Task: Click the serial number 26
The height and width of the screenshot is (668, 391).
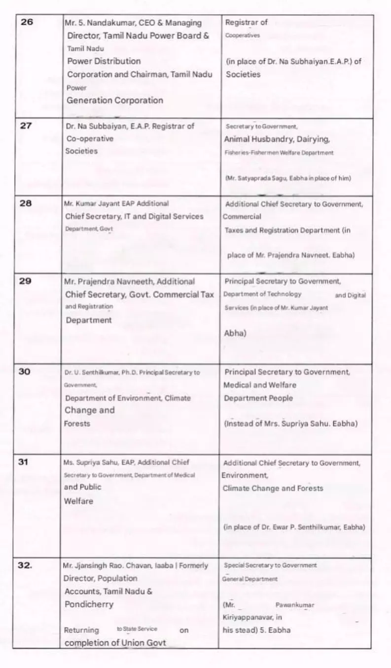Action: (27, 23)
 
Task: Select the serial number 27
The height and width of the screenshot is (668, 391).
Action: (26, 126)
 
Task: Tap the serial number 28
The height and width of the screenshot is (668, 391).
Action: (25, 203)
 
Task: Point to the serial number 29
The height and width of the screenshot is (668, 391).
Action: (25, 281)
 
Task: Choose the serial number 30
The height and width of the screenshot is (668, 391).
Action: (25, 372)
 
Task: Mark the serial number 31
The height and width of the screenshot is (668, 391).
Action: (24, 462)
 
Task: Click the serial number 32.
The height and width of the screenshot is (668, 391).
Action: (25, 566)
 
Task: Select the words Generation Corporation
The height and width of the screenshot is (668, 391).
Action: (114, 100)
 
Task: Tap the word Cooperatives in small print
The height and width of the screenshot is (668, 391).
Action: (243, 36)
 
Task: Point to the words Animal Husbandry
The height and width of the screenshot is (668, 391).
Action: (254, 139)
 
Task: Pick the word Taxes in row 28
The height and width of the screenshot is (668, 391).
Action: (234, 231)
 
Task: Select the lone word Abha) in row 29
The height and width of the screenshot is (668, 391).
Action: (235, 333)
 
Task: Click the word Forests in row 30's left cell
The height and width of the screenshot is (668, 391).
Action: (77, 424)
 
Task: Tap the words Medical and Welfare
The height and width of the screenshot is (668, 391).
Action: (260, 385)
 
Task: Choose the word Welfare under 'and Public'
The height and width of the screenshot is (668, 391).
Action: (78, 501)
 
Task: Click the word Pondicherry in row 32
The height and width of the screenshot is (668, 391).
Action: (89, 604)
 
